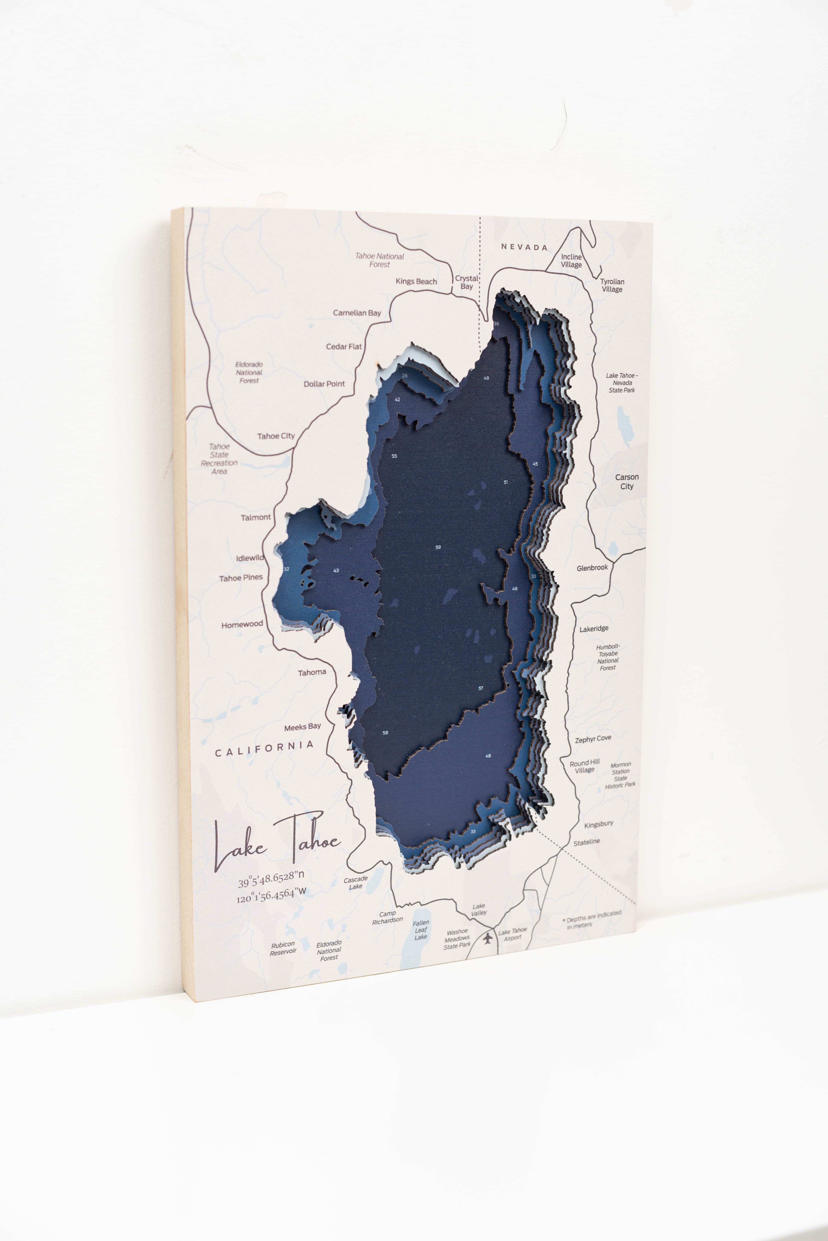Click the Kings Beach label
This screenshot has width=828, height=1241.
pyautogui.click(x=416, y=282)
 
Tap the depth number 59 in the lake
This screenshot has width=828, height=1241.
pyautogui.click(x=438, y=547)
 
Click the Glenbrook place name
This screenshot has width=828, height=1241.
pyautogui.click(x=592, y=568)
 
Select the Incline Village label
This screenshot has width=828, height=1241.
pyautogui.click(x=571, y=261)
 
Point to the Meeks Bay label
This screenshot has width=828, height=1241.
pyautogui.click(x=303, y=727)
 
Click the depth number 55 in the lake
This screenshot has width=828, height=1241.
pyautogui.click(x=394, y=456)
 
